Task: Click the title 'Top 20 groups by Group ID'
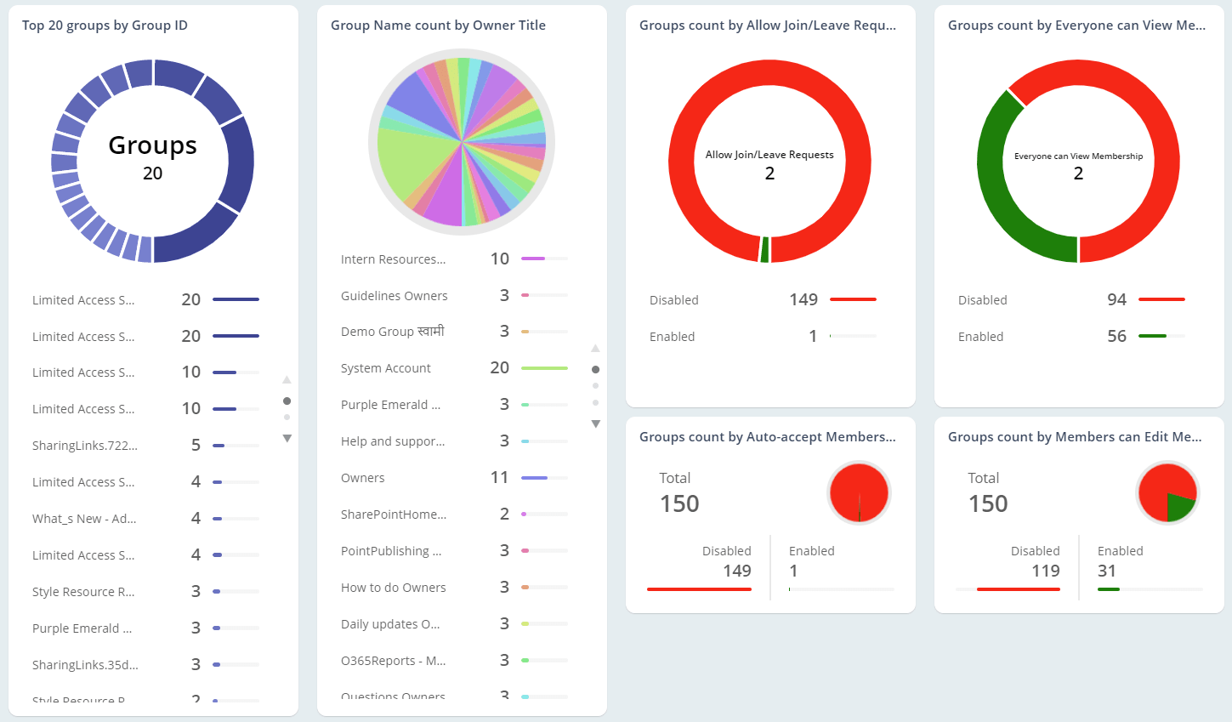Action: coord(105,26)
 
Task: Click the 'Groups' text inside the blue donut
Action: coord(152,145)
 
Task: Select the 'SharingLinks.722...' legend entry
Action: coord(85,446)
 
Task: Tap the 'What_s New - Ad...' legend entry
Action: coord(84,519)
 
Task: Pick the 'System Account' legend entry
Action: coord(386,368)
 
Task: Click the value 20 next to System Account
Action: coord(499,367)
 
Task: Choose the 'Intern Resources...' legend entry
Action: coord(393,259)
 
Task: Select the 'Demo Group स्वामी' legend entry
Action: coord(393,332)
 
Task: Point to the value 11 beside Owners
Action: coord(499,477)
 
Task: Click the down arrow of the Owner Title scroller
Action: coord(595,424)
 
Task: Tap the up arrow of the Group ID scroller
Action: coord(287,379)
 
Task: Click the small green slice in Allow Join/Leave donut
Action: coord(764,250)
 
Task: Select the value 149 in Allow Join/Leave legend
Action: coord(803,299)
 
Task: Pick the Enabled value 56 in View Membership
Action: coord(1116,336)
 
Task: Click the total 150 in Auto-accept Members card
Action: coord(679,503)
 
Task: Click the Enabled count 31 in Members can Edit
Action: coord(1106,571)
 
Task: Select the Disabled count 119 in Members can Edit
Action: coord(1045,571)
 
